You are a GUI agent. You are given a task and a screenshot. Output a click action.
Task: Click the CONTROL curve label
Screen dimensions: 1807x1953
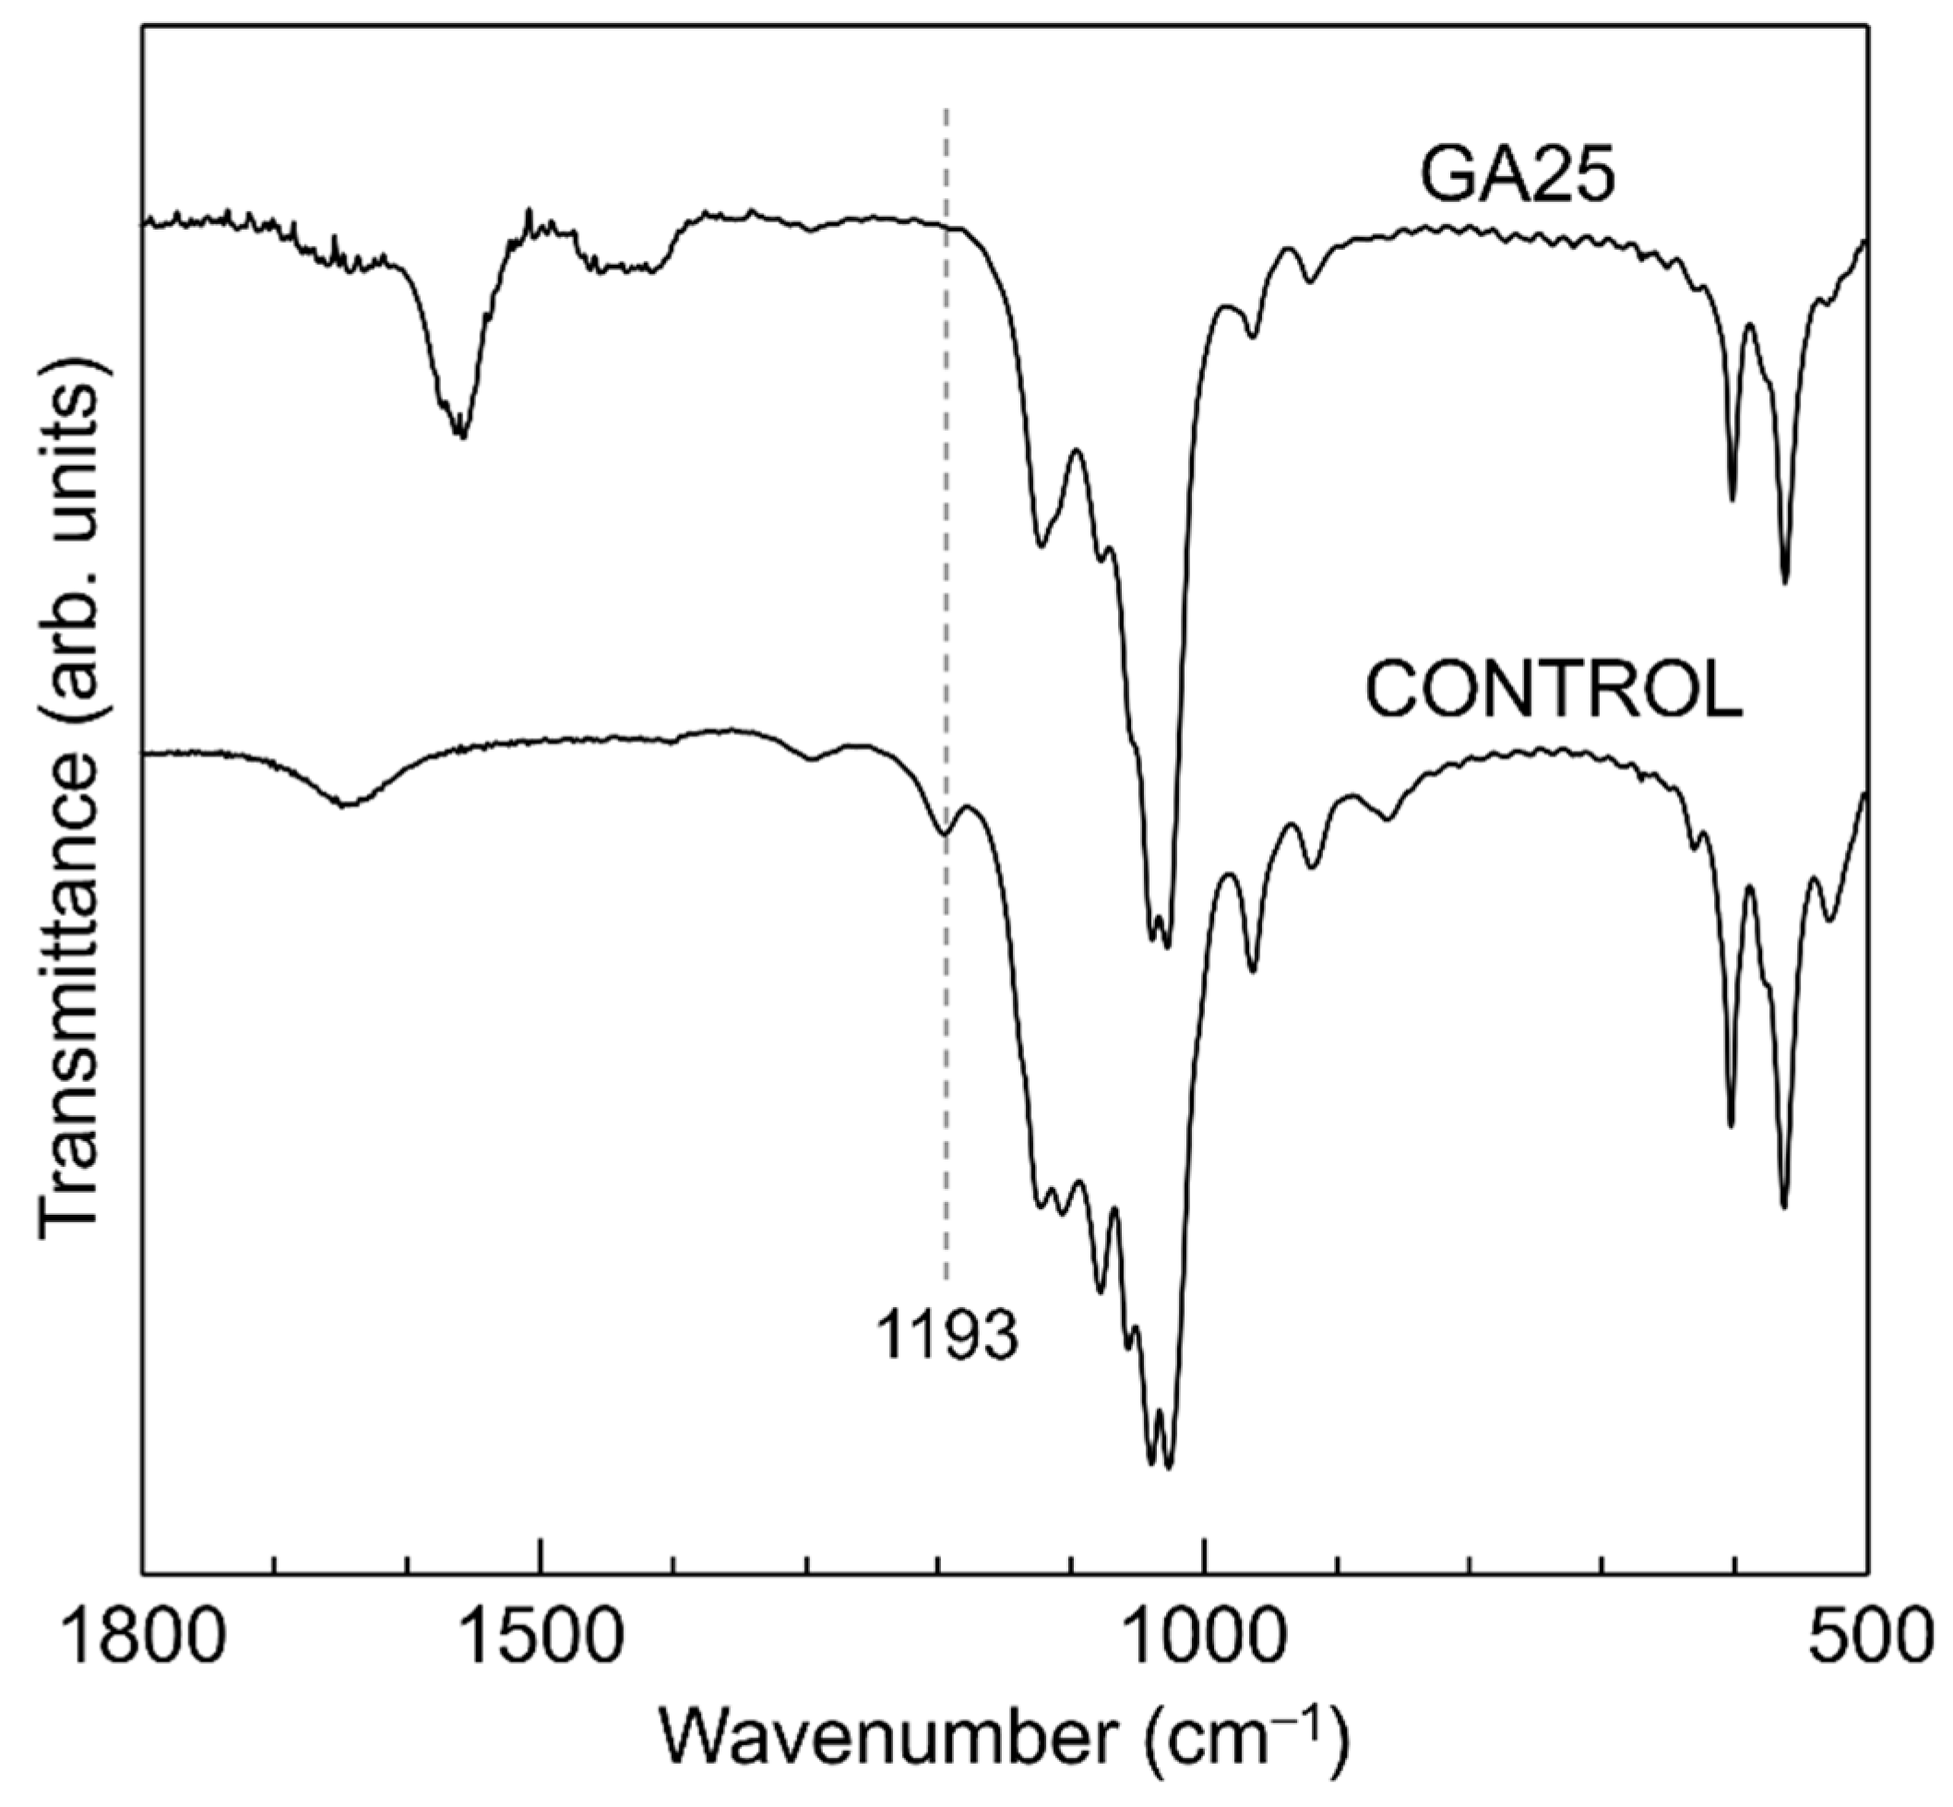(x=1553, y=690)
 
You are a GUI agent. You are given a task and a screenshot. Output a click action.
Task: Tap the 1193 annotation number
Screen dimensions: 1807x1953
(x=946, y=1336)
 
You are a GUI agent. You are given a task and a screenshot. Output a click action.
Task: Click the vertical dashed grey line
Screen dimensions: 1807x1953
(x=946, y=587)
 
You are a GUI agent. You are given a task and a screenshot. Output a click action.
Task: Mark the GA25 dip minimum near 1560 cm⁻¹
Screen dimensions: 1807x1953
(x=462, y=436)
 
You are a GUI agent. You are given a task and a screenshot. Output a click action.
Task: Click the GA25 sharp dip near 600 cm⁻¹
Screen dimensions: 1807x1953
(x=1732, y=500)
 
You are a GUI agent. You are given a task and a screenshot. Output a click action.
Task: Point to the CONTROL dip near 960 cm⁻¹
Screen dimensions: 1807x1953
(x=1254, y=971)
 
